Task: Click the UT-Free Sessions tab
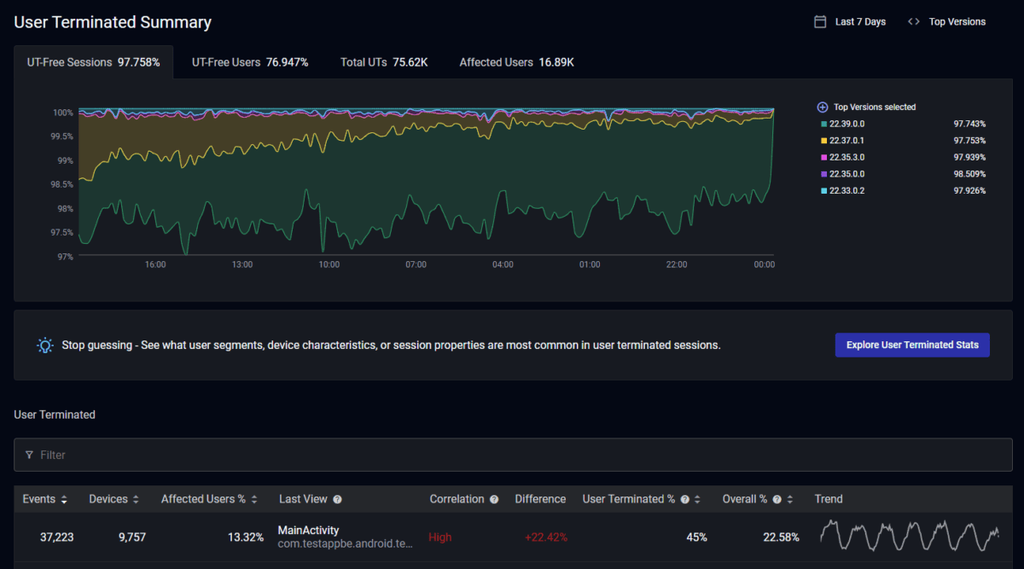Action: coord(93,62)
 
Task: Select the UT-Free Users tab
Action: coord(250,62)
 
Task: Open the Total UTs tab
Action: coord(384,62)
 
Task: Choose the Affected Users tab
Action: coord(516,62)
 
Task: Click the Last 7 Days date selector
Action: coord(851,22)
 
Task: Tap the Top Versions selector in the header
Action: coord(947,22)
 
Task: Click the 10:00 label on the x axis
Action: coord(329,264)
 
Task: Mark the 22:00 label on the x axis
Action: coord(677,264)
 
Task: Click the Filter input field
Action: coord(512,455)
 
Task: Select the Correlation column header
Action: coord(457,499)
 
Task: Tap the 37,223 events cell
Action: coord(56,537)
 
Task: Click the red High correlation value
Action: coord(440,537)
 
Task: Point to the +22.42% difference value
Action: coord(546,537)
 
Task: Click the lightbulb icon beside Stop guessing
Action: coord(45,345)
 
